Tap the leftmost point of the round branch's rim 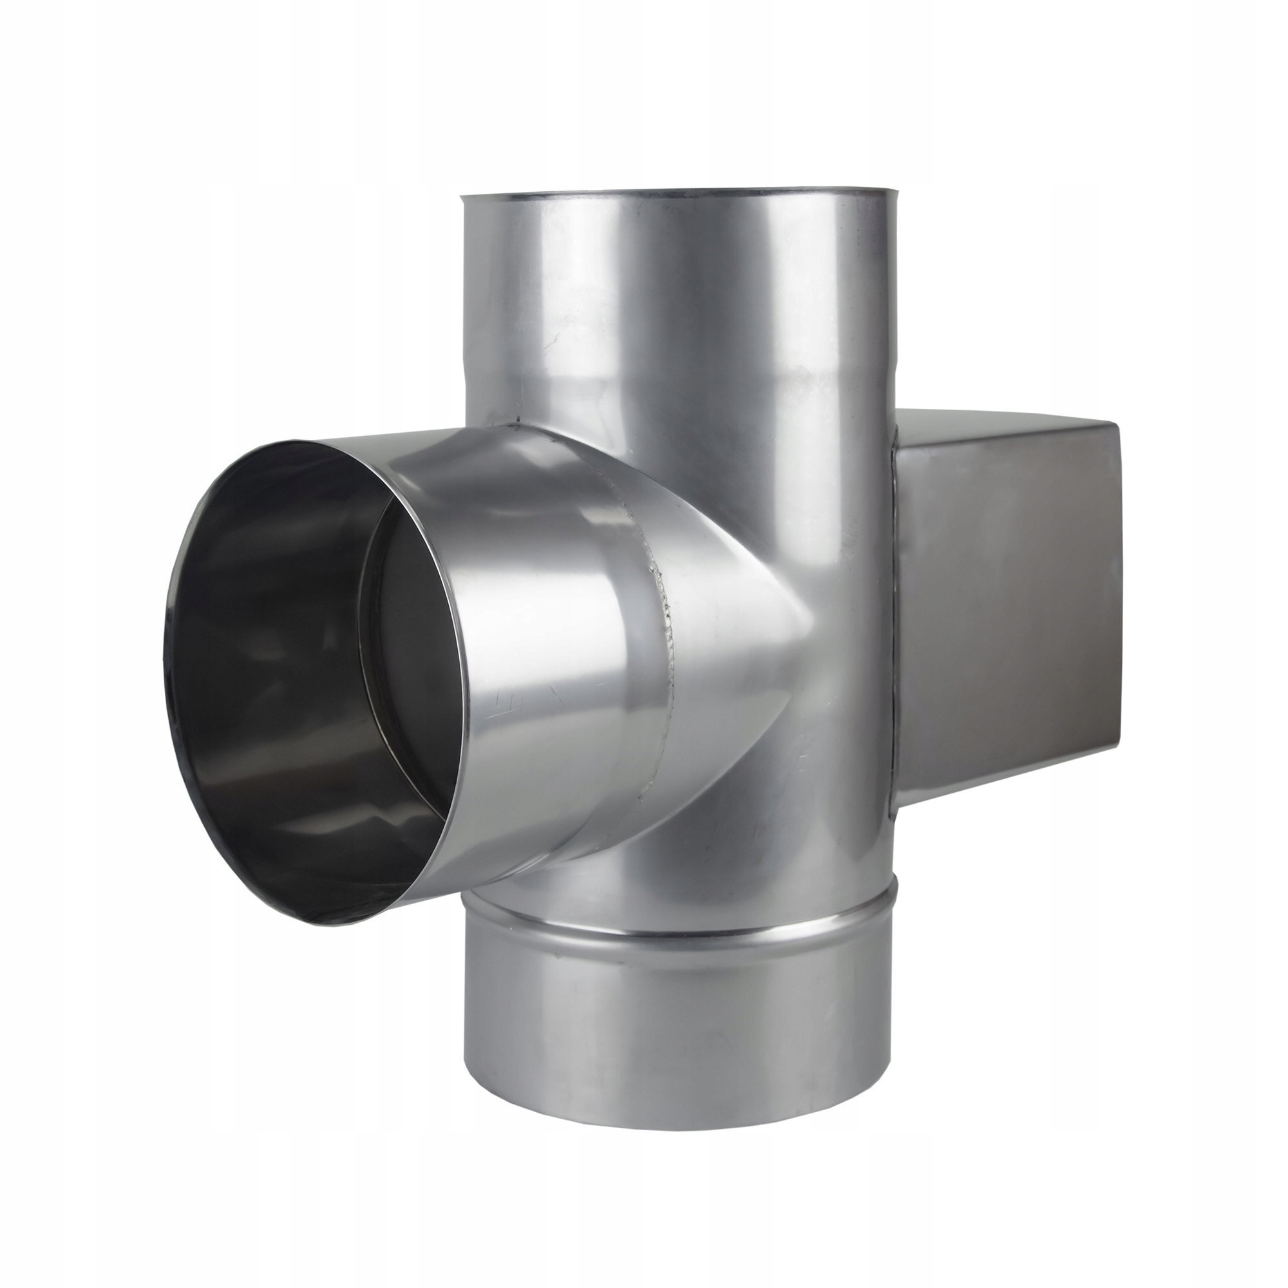pyautogui.click(x=162, y=660)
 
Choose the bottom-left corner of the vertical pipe pyautogui.click(x=464, y=1060)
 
